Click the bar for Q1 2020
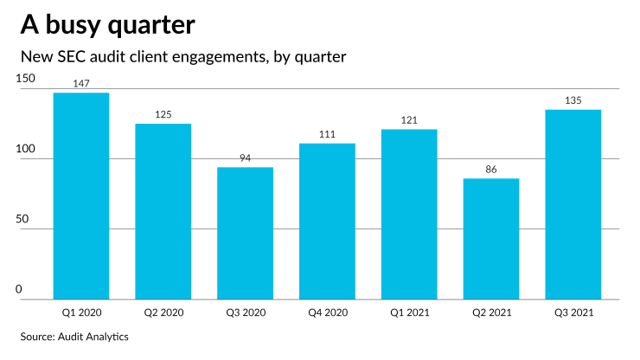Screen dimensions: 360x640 [81, 196]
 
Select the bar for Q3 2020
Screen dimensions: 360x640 [245, 234]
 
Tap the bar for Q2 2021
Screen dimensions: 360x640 [490, 239]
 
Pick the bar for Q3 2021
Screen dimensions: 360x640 [573, 204]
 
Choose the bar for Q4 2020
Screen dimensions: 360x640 [327, 222]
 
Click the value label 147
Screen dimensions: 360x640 [81, 83]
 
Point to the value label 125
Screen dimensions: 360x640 [163, 114]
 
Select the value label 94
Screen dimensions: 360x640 [245, 158]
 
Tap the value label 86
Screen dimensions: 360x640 [490, 170]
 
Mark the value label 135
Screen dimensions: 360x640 [573, 100]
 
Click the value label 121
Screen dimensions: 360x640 [409, 120]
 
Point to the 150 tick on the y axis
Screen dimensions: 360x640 [26, 79]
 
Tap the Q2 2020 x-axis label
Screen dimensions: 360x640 [163, 311]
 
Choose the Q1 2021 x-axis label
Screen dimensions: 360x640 [409, 311]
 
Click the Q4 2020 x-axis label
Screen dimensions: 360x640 [327, 311]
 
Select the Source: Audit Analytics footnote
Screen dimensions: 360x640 [74, 336]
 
